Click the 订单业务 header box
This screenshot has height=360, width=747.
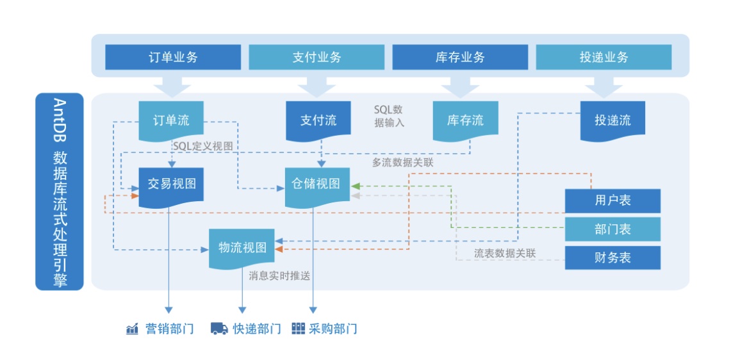[173, 57]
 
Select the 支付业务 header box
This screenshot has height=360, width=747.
[316, 57]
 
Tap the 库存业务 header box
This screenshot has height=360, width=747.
[460, 57]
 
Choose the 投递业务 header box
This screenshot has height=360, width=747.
[603, 57]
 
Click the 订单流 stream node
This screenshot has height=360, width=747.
[171, 120]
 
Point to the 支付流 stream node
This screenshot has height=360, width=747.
[318, 120]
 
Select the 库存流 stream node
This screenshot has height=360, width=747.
[465, 120]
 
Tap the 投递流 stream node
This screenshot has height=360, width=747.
[612, 120]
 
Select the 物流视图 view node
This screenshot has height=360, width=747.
[242, 247]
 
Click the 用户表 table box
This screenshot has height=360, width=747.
[612, 200]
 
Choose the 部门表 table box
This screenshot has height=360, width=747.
[612, 229]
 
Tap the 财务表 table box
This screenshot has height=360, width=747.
[612, 258]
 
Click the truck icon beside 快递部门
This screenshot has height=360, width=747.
[220, 329]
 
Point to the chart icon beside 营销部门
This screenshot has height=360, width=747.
[133, 329]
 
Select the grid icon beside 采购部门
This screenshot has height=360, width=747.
[298, 329]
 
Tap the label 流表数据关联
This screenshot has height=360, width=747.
[504, 253]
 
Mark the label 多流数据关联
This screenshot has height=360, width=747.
[402, 163]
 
